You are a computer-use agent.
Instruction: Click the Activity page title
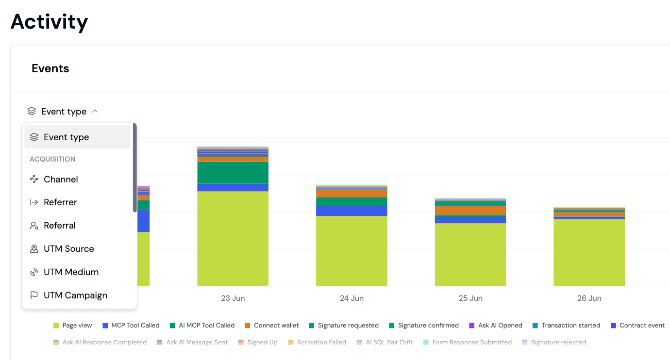[x=50, y=22]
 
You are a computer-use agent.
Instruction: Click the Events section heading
[x=50, y=68]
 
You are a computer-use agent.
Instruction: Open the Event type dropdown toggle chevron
[x=95, y=111]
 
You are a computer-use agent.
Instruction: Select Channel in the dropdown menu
[x=61, y=179]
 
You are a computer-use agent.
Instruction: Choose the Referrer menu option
[x=60, y=202]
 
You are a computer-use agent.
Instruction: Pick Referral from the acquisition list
[x=60, y=226]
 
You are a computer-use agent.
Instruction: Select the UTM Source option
[x=69, y=249]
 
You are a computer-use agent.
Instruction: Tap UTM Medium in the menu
[x=71, y=272]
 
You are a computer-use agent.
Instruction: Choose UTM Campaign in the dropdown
[x=75, y=295]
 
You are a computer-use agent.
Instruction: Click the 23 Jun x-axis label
[x=233, y=298]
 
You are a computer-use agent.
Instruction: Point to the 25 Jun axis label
[x=470, y=298]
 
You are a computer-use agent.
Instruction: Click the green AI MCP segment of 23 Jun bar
[x=233, y=173]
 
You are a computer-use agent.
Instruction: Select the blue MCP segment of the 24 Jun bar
[x=352, y=211]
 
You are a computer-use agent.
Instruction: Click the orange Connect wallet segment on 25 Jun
[x=470, y=211]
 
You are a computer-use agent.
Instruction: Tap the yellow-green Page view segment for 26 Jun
[x=589, y=253]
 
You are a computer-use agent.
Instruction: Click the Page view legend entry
[x=73, y=326]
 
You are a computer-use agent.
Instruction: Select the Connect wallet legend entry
[x=271, y=326]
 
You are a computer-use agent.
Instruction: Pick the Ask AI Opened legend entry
[x=496, y=326]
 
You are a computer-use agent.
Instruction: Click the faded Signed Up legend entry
[x=258, y=342]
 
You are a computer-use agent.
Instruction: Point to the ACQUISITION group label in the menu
[x=52, y=159]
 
